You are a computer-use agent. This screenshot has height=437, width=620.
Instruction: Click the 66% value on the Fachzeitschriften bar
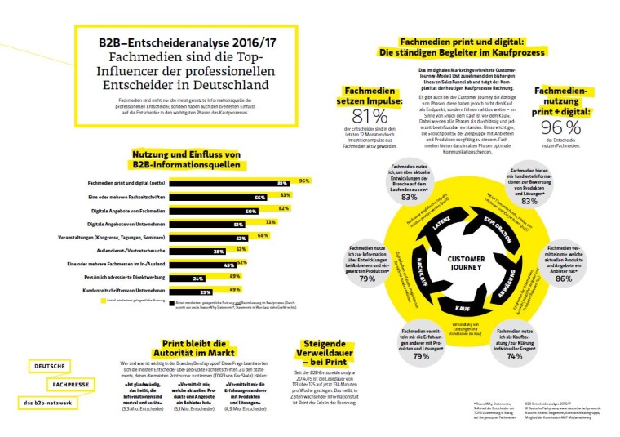pyautogui.click(x=261, y=198)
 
